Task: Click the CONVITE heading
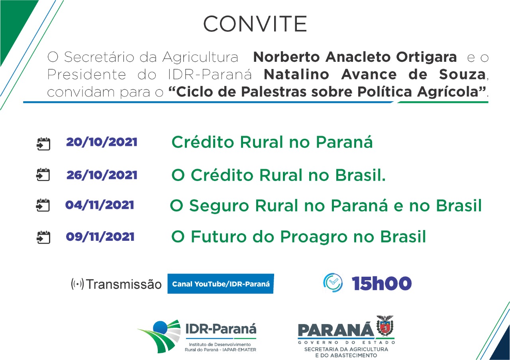tap(255, 24)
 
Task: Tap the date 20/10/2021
tap(102, 142)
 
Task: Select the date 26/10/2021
tap(102, 175)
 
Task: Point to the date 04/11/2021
tap(100, 205)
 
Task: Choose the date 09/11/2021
tap(100, 236)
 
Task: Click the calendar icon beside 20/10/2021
tap(43, 144)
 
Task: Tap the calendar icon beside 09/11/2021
tap(43, 238)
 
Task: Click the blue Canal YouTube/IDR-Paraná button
tap(221, 284)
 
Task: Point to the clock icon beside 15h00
tap(333, 283)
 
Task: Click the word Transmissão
tap(124, 284)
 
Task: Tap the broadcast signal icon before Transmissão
tap(77, 284)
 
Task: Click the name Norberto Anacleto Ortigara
tap(355, 57)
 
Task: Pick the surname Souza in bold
tap(463, 74)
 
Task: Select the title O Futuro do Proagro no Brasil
tap(298, 237)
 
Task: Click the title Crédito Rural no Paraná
tap(272, 142)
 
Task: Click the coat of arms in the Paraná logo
tap(385, 326)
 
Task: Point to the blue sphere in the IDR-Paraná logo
tap(161, 327)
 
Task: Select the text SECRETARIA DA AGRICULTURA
tap(346, 349)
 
